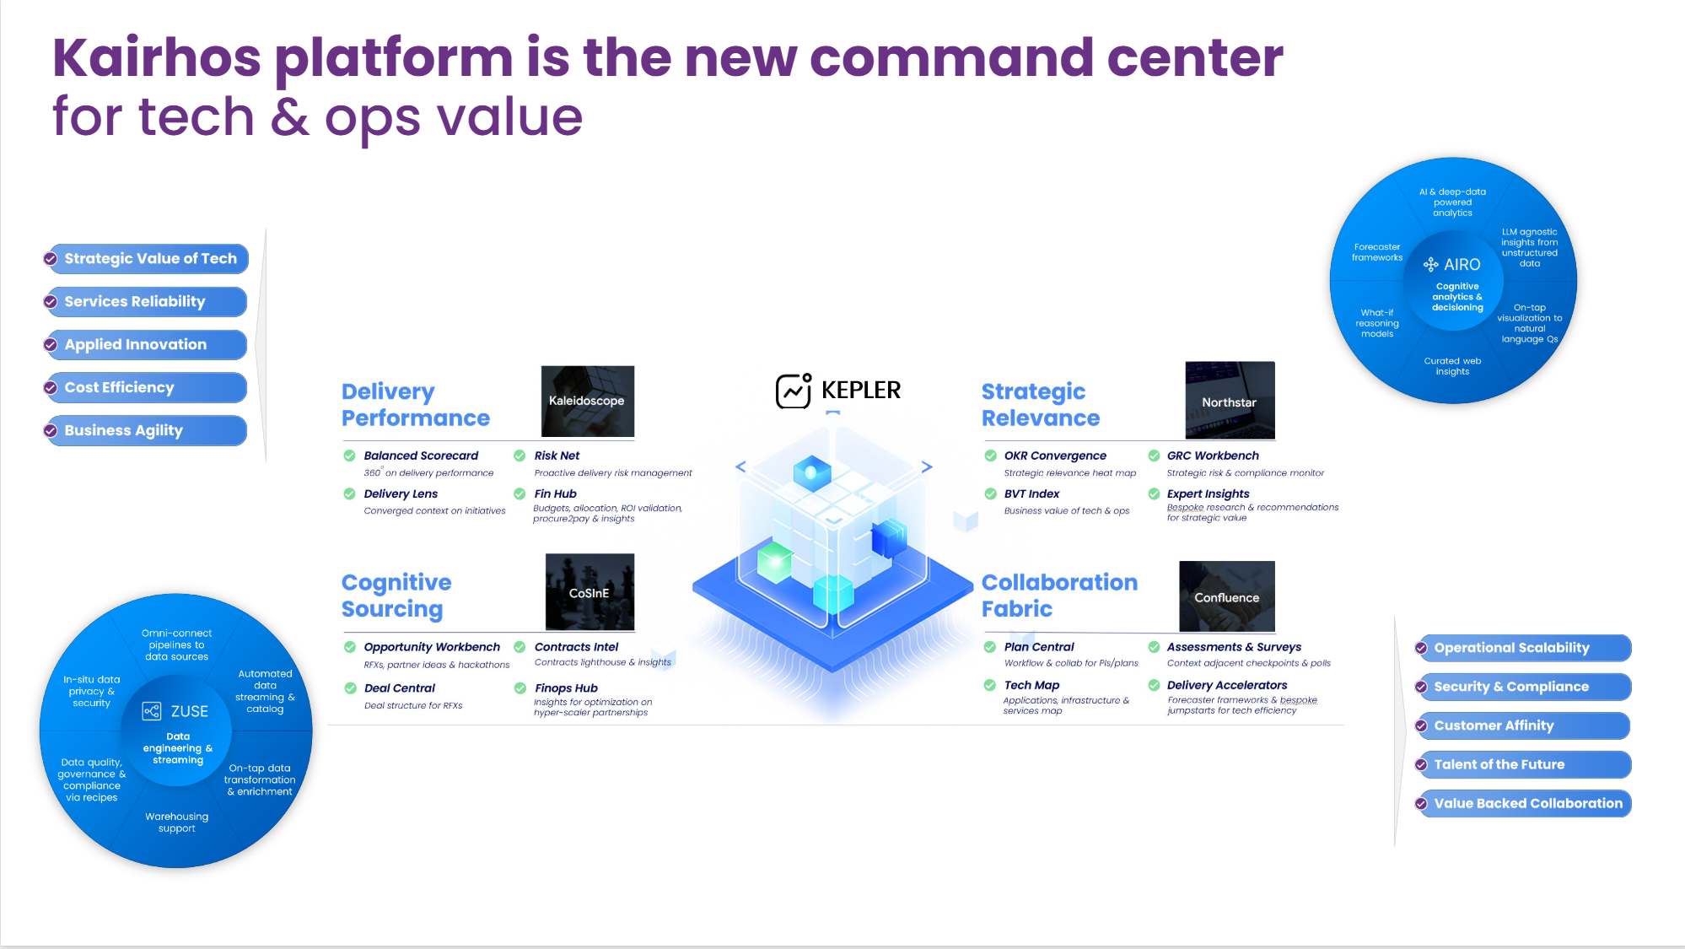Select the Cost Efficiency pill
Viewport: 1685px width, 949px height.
(148, 388)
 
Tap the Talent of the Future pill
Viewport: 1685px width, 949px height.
(1524, 765)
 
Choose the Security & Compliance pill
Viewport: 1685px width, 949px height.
(1524, 687)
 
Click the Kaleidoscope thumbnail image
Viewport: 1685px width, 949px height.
(587, 401)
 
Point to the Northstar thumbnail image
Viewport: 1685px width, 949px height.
(1229, 401)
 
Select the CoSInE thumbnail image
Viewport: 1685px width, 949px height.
(589, 592)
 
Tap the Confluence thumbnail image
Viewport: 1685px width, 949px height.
(1226, 596)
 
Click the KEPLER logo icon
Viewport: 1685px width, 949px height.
(794, 391)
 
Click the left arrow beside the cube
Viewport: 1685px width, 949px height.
(740, 466)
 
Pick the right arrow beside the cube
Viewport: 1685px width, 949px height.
(926, 466)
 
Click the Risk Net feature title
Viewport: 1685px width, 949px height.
(557, 456)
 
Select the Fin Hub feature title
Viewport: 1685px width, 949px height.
(555, 493)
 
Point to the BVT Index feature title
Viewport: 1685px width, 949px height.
(1031, 493)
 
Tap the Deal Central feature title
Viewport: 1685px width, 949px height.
(399, 688)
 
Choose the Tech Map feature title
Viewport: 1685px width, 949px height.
(1031, 685)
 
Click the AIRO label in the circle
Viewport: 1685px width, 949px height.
(1461, 265)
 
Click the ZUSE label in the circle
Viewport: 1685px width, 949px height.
(189, 712)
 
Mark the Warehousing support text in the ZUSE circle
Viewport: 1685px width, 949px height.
(176, 822)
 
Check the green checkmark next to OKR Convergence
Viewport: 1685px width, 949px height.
(990, 456)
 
